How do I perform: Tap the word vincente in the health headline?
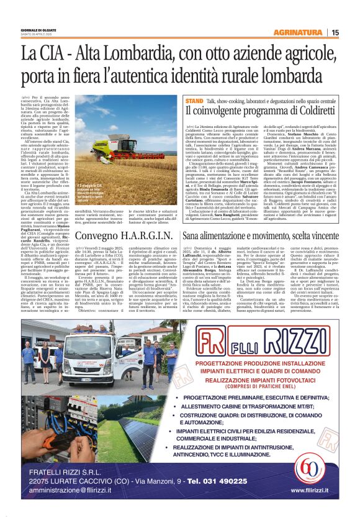335,236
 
